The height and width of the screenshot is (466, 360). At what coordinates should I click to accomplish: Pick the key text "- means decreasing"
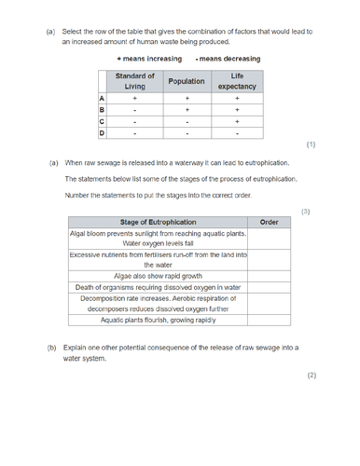tap(227, 58)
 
